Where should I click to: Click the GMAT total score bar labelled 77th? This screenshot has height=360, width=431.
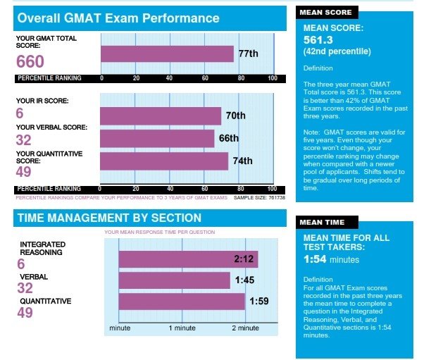167,54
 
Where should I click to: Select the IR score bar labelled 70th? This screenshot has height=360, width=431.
161,116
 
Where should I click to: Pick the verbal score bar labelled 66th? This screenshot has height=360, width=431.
157,139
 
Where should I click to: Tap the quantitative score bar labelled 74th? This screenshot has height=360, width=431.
164,161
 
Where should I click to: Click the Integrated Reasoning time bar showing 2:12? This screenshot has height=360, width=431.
187,259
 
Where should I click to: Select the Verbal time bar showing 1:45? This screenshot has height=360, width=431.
174,280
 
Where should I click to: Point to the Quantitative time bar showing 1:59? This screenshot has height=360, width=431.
182,302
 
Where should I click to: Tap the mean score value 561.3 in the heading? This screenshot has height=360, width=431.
322,40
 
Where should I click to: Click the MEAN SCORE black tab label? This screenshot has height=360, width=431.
325,13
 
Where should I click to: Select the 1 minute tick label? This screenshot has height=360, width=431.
182,328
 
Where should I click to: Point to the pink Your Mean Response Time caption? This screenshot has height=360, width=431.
160,232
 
